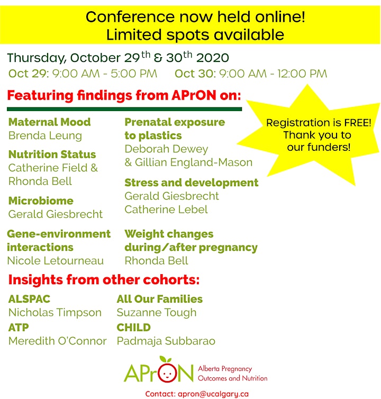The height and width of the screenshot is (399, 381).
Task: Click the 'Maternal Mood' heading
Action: (50, 122)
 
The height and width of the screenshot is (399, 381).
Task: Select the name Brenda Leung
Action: (45, 136)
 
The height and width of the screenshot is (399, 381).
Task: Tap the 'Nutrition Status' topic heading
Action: (52, 155)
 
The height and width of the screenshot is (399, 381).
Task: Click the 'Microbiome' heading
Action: (41, 201)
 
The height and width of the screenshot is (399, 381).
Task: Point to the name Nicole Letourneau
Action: (56, 261)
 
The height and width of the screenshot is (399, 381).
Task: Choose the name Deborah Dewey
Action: (167, 149)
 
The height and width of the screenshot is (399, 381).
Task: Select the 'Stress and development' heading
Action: (192, 183)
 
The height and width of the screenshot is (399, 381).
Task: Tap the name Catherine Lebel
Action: (166, 210)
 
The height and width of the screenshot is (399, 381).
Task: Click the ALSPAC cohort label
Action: (29, 299)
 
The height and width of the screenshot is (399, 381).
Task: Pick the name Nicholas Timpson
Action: (55, 313)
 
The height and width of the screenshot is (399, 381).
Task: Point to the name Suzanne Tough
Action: (157, 313)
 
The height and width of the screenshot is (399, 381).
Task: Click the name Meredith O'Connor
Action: (58, 341)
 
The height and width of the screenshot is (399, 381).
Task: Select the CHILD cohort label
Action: (134, 328)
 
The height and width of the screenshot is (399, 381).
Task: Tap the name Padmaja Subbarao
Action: (166, 341)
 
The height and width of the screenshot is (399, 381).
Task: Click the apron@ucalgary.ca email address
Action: (213, 394)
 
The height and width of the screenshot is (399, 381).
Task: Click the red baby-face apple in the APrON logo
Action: (167, 373)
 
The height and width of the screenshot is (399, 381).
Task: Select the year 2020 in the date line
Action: (213, 58)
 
